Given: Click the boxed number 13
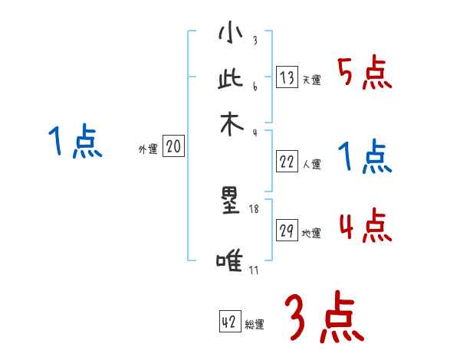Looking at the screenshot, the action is click(x=287, y=77).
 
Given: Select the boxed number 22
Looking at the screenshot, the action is click(x=287, y=162).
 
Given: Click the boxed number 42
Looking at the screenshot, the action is click(x=228, y=322).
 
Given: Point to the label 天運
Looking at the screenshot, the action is click(x=311, y=80).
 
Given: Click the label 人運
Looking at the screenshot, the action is click(x=311, y=164).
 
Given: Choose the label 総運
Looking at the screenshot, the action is click(x=254, y=325).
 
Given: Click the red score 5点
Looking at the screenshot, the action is click(x=365, y=73).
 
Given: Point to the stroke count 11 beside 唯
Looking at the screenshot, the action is click(x=254, y=270).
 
